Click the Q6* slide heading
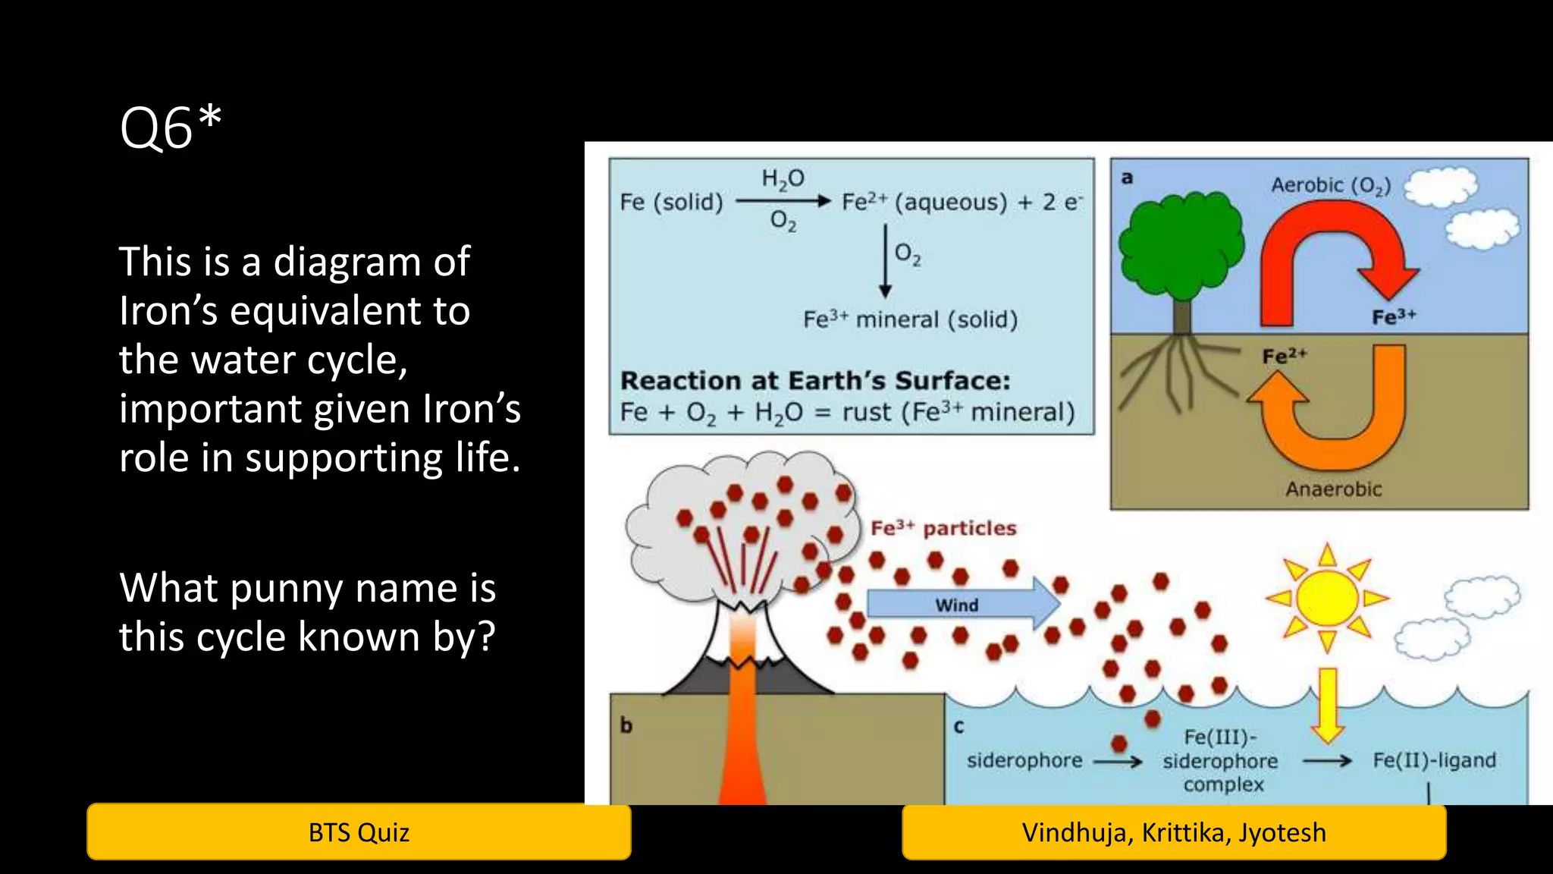171,127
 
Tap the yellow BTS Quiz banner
359,832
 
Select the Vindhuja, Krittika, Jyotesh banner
1174,832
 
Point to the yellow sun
1327,597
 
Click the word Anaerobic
1333,489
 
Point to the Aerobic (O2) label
1331,185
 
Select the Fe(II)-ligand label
1434,760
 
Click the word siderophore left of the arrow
1024,760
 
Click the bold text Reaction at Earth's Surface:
815,380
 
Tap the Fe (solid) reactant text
671,202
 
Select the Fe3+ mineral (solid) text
910,319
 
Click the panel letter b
626,725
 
